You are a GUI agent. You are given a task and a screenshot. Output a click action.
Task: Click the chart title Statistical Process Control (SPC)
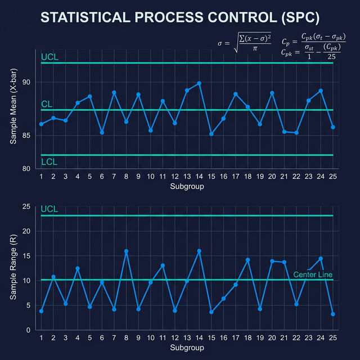tap(180, 18)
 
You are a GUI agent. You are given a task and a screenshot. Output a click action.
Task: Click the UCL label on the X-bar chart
tap(49, 57)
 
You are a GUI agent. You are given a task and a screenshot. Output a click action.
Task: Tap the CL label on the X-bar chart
tap(47, 105)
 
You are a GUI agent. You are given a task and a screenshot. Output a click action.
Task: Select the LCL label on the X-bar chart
tap(49, 162)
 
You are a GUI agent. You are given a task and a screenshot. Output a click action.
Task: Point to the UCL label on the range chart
tap(49, 209)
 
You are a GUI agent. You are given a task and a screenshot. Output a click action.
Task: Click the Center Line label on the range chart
tap(312, 274)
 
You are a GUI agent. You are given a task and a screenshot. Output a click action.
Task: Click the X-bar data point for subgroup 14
tap(199, 83)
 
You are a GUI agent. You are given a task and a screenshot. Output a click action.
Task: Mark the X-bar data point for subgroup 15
tap(211, 134)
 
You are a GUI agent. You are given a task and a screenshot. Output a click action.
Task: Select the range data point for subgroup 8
tap(126, 251)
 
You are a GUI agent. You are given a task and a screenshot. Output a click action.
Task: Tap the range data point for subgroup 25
tap(333, 314)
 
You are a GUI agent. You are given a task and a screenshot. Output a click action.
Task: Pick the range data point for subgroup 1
tap(41, 311)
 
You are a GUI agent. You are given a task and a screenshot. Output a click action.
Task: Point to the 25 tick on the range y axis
tap(27, 206)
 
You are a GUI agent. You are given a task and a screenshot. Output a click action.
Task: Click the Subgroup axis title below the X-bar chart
tap(187, 186)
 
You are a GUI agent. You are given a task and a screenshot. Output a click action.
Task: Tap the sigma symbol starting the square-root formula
tap(220, 43)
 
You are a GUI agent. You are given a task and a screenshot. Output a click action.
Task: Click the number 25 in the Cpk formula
tap(332, 56)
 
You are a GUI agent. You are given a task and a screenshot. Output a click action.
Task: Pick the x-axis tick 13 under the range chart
tap(187, 337)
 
